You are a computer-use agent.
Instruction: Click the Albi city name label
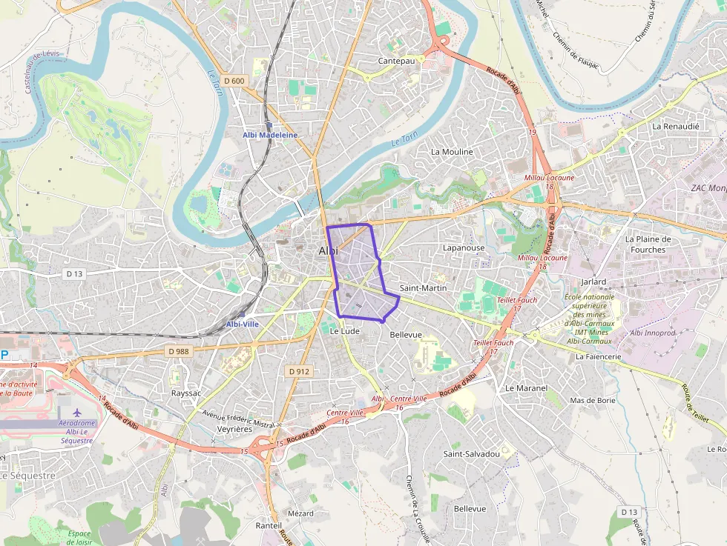tap(327, 251)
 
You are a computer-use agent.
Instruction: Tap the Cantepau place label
tap(396, 61)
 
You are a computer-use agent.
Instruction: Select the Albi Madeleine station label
tap(270, 135)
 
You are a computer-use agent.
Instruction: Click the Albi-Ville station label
tap(243, 324)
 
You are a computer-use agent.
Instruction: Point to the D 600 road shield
tap(232, 81)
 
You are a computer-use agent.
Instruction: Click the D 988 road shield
tap(178, 351)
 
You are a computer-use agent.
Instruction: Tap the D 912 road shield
tap(298, 370)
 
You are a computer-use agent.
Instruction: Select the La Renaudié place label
tap(676, 127)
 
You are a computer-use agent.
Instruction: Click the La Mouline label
tap(452, 152)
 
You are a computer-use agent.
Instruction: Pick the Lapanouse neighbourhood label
tap(463, 248)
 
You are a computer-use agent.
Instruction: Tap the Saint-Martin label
tap(421, 287)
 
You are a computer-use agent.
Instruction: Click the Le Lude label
tap(344, 331)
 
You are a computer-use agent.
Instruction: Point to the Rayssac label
tap(186, 393)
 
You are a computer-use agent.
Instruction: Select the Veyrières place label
tap(234, 429)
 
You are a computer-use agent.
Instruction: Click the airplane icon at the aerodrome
tap(77, 411)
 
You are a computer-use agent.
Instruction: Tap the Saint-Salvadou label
tap(471, 453)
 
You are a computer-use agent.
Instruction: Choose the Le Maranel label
tap(526, 388)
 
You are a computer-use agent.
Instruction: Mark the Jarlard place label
tap(593, 282)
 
